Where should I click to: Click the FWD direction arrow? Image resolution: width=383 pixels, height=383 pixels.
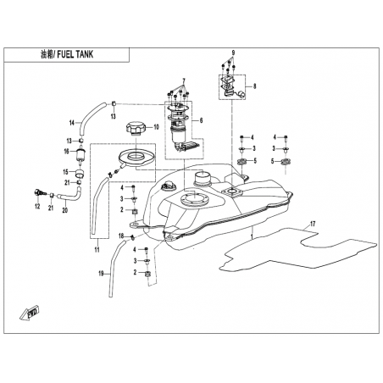(x=31, y=313)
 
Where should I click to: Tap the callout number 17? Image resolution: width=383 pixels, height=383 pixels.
(x=313, y=225)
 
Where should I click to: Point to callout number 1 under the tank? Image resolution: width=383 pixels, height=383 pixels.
(x=253, y=236)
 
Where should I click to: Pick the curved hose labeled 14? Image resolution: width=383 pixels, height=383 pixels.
(x=91, y=119)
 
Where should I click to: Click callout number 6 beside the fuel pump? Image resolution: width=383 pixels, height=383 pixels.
(x=201, y=120)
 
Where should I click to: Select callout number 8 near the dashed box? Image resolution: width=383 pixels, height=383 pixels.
(x=254, y=86)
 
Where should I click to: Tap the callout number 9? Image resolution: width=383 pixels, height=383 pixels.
(x=233, y=53)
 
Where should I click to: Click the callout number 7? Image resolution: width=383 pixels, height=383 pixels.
(x=184, y=80)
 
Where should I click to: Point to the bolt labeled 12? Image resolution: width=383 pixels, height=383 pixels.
(x=40, y=193)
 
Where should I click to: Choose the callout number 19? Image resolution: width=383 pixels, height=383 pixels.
(x=101, y=274)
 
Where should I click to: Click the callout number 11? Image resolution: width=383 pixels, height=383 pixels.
(x=97, y=250)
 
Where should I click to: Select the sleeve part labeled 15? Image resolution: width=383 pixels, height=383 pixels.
(x=80, y=173)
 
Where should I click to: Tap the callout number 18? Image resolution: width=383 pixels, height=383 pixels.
(x=121, y=236)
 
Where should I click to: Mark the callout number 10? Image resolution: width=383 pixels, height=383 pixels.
(x=156, y=127)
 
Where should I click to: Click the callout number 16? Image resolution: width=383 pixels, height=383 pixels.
(x=66, y=152)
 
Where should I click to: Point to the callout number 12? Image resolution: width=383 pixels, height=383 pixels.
(x=37, y=207)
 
